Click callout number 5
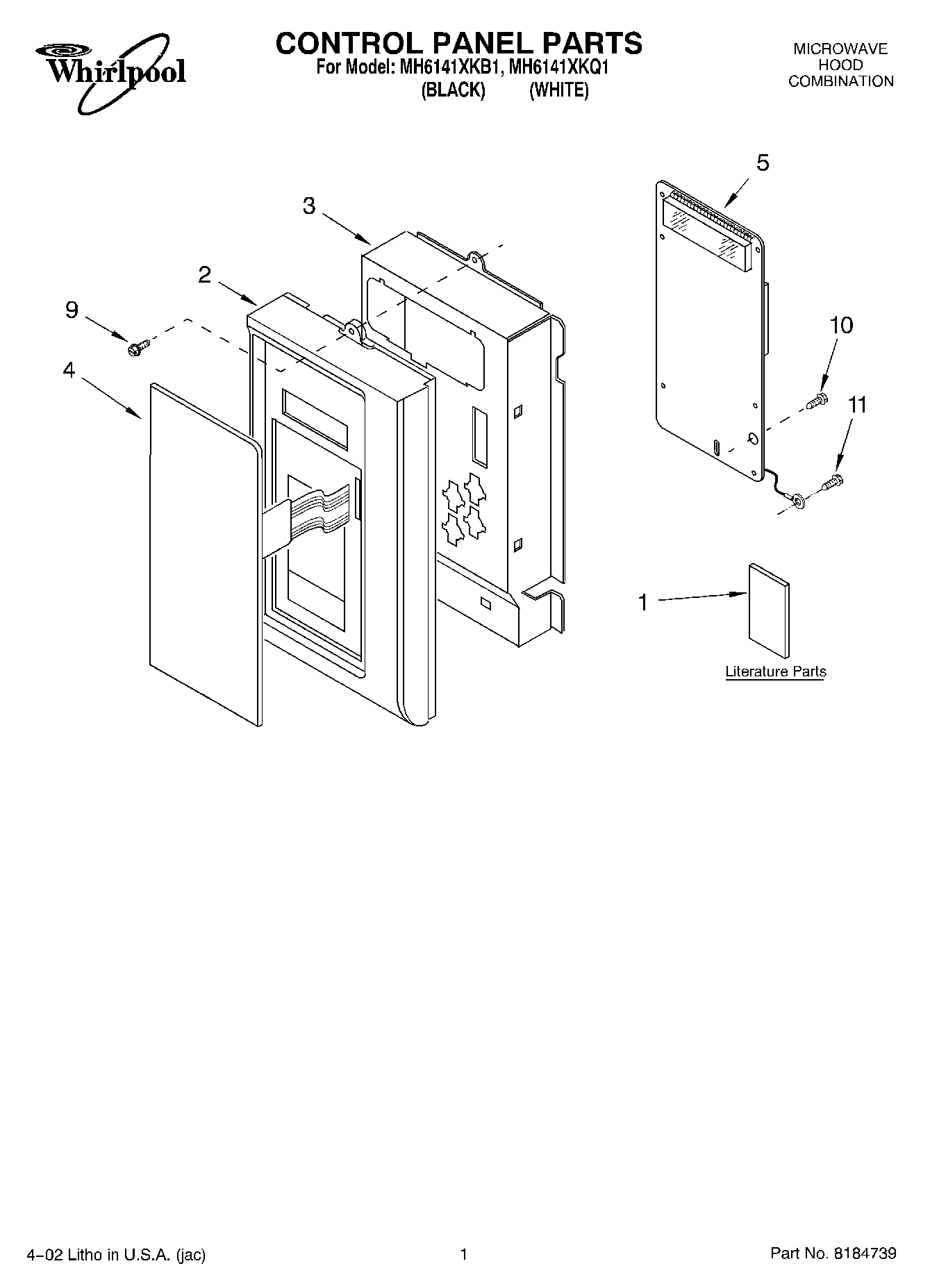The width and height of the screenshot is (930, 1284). (763, 163)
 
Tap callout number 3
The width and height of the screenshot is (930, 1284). (309, 206)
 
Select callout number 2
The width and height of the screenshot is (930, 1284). (204, 275)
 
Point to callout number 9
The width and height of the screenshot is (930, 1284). (72, 310)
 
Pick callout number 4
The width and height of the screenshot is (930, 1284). (69, 370)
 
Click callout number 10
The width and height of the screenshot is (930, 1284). (842, 325)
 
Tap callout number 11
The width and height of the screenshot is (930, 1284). (857, 405)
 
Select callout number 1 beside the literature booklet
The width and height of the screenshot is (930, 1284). (643, 602)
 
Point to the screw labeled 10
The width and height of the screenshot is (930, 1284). (817, 401)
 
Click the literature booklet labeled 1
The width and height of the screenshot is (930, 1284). (769, 610)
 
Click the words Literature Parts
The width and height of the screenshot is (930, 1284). (776, 672)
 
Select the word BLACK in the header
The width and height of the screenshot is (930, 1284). (453, 90)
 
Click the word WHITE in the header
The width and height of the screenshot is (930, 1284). (559, 90)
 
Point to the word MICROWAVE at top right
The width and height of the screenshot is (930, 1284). (840, 49)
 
